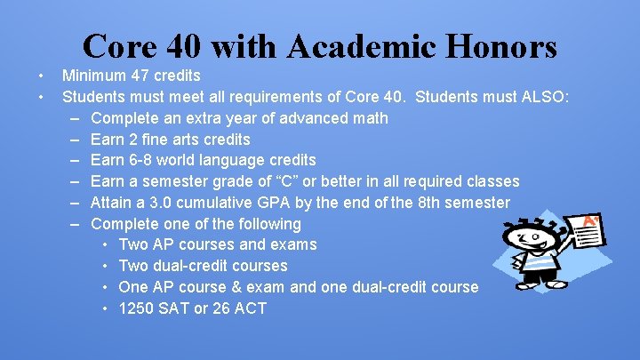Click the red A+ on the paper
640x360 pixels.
[x=589, y=220]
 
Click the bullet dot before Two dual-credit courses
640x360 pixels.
[x=106, y=266]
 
